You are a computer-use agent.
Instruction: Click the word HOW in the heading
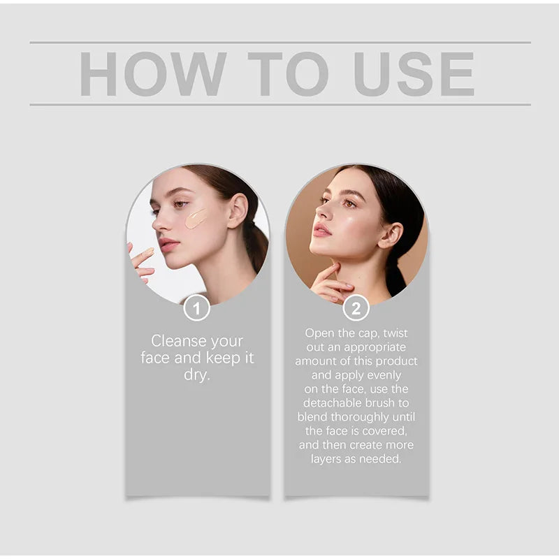(x=153, y=73)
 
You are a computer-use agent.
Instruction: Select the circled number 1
(x=197, y=308)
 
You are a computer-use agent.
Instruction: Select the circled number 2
(x=356, y=308)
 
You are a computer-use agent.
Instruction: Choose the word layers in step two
(x=327, y=459)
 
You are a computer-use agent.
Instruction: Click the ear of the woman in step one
(x=238, y=210)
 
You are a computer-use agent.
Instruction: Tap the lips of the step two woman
(x=322, y=230)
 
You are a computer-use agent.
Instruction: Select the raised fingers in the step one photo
(x=142, y=260)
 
